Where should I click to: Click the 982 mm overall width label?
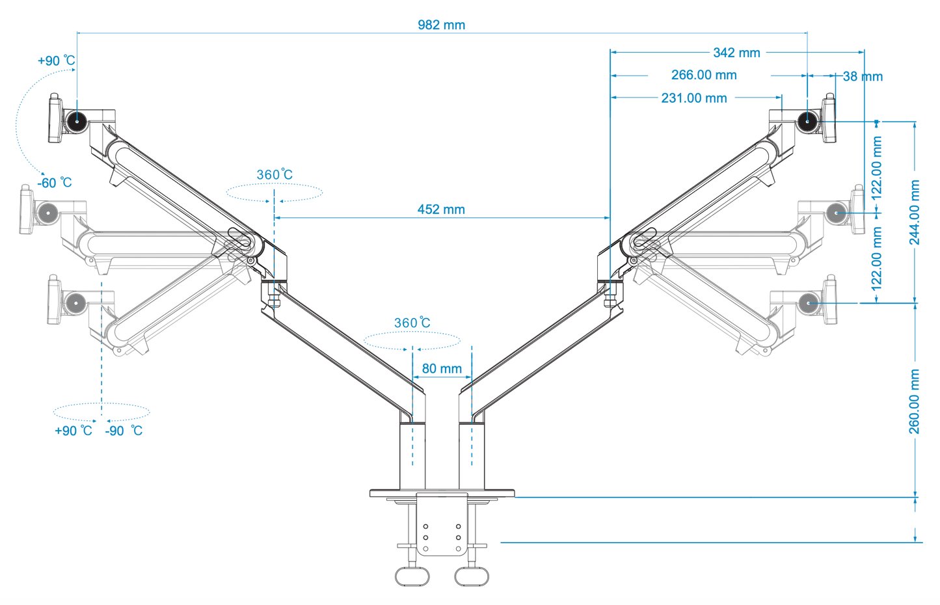coord(441,25)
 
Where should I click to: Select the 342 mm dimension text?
coord(736,53)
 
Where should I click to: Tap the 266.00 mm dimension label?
coord(704,75)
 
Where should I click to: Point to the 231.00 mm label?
coord(693,98)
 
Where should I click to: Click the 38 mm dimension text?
coord(863,77)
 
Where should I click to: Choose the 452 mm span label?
coord(441,209)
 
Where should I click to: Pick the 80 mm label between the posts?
coord(442,369)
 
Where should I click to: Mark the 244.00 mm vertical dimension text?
coord(915,213)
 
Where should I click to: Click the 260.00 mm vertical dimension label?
coord(915,401)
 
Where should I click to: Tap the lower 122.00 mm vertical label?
coord(877,258)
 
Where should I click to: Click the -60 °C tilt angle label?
coord(55,183)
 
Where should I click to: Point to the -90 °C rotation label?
coord(124,431)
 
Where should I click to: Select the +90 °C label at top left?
coord(57,60)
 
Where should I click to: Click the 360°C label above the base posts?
coord(412,323)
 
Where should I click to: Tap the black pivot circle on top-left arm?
coord(77,121)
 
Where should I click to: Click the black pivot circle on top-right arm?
coord(807,121)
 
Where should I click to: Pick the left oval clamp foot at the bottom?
coord(412,576)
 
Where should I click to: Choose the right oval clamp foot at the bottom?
coord(471,576)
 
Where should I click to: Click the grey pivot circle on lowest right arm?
coord(808,302)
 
